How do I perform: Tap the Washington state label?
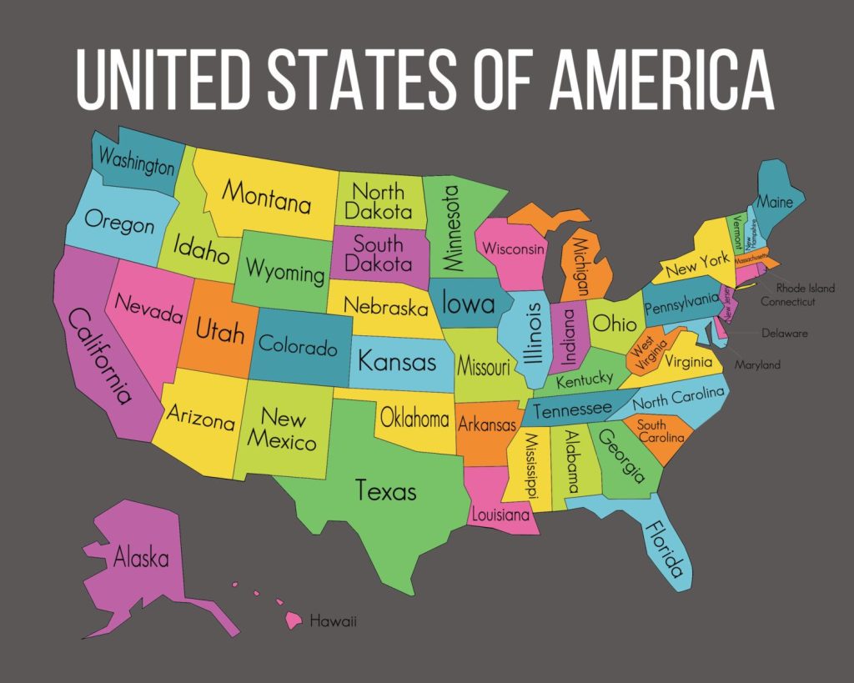(x=137, y=160)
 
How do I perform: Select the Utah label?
(x=219, y=331)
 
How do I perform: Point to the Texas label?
(x=385, y=490)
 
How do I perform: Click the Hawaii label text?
(x=333, y=621)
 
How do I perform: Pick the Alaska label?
(x=141, y=557)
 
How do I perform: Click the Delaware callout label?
(x=784, y=334)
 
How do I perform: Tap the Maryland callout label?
(x=757, y=364)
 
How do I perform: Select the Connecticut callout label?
(x=787, y=301)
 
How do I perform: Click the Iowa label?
(x=468, y=303)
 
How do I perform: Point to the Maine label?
(x=775, y=201)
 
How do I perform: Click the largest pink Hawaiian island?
(x=293, y=620)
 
